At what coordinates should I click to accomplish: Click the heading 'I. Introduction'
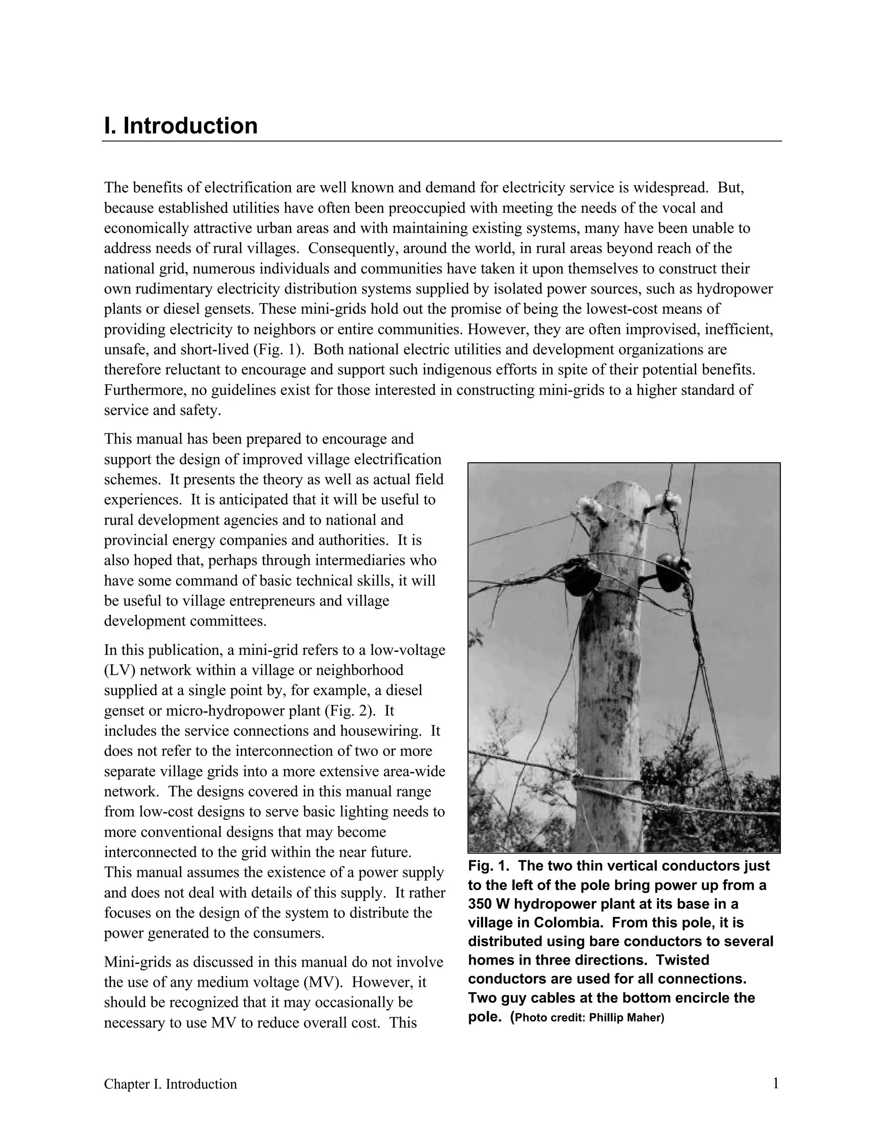coord(181,126)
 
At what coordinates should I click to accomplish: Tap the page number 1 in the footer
coord(776,1083)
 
